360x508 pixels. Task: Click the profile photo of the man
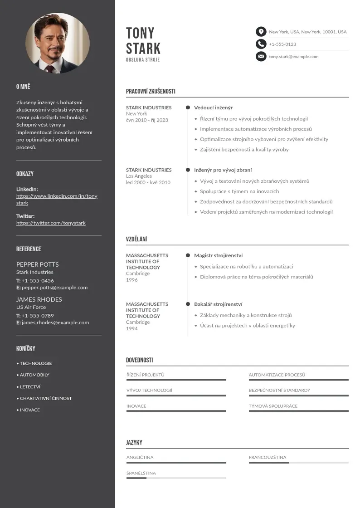[x=58, y=43]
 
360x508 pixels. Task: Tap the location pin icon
[x=261, y=32]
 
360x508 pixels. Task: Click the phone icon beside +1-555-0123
[x=261, y=44]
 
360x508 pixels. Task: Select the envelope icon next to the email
[x=261, y=57]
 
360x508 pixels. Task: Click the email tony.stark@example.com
[x=293, y=57]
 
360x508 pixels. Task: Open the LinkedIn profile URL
[x=57, y=199]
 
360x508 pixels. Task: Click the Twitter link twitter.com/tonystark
[x=51, y=223]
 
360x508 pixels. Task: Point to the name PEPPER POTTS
[x=37, y=264]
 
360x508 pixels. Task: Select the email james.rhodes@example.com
[x=55, y=322]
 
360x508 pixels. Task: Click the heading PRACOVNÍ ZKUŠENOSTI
[x=151, y=91]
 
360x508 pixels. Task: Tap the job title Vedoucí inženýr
[x=213, y=107]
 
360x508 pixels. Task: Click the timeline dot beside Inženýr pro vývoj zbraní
[x=188, y=170]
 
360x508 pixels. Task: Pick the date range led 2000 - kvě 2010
[x=148, y=182]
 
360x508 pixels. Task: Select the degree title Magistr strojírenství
[x=219, y=255]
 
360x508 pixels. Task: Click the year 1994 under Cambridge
[x=131, y=328]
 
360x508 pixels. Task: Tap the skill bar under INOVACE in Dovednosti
[x=176, y=411]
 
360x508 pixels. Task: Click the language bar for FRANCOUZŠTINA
[x=298, y=463]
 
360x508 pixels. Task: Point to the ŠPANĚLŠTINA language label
[x=141, y=473]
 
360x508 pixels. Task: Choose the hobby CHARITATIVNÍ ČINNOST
[x=45, y=398]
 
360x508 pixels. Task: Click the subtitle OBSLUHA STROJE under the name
[x=143, y=59]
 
